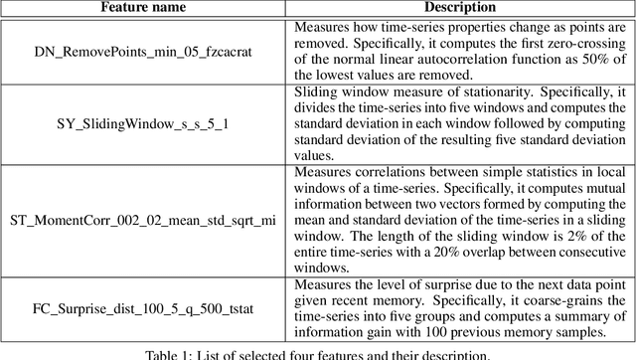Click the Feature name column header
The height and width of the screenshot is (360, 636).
tap(144, 8)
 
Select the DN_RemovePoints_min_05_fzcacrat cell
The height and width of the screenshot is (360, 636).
tap(144, 52)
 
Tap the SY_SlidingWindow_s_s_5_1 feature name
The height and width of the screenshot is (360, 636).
tap(144, 128)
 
